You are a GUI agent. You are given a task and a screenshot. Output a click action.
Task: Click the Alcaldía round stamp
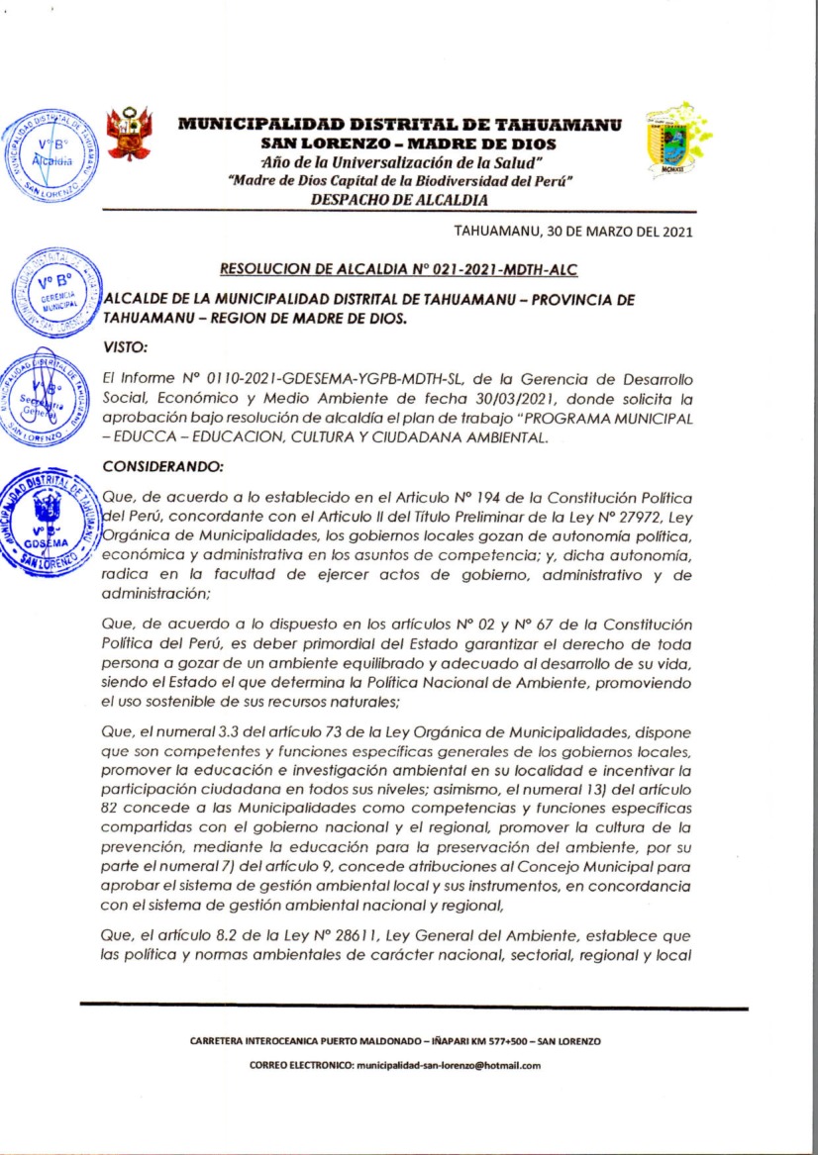(51, 155)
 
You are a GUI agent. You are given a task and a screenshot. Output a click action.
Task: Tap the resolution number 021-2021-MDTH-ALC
(511, 268)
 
